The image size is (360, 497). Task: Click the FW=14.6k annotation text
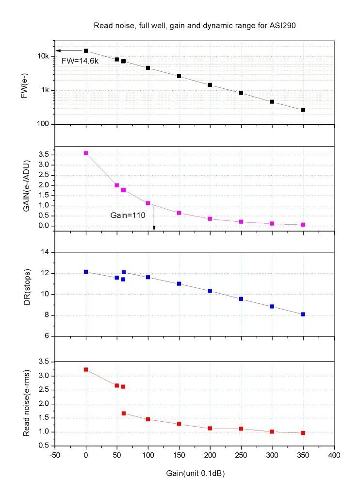(79, 62)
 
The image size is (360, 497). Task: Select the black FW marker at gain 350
(303, 110)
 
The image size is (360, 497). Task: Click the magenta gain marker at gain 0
(86, 153)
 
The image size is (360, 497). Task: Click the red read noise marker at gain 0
(86, 369)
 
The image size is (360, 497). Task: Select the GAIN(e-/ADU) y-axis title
(23, 189)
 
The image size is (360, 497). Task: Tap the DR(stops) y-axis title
(23, 294)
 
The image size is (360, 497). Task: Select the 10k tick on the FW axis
(44, 57)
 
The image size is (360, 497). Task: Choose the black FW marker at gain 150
(179, 76)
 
